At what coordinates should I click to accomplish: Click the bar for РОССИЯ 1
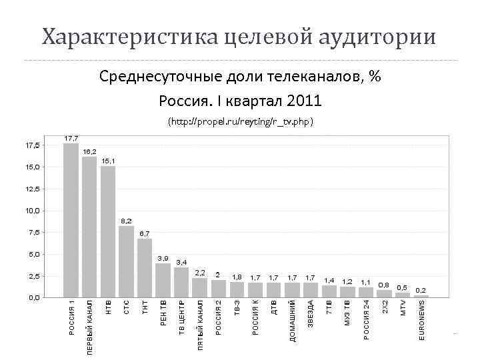[x=71, y=220]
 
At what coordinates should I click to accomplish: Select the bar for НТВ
[x=108, y=231]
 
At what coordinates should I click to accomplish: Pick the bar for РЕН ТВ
[x=163, y=280]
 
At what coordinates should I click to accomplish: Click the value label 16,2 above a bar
[x=89, y=152]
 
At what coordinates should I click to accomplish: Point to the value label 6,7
[x=145, y=233]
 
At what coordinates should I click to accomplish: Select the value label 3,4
[x=181, y=263]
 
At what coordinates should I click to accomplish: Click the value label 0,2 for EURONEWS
[x=421, y=291]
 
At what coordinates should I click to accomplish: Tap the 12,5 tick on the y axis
[x=32, y=189]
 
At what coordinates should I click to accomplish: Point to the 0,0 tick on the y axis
[x=32, y=297]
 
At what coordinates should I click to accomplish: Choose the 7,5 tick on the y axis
[x=32, y=232]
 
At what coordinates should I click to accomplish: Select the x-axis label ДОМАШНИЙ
[x=293, y=321]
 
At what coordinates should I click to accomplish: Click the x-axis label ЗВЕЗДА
[x=311, y=313]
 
